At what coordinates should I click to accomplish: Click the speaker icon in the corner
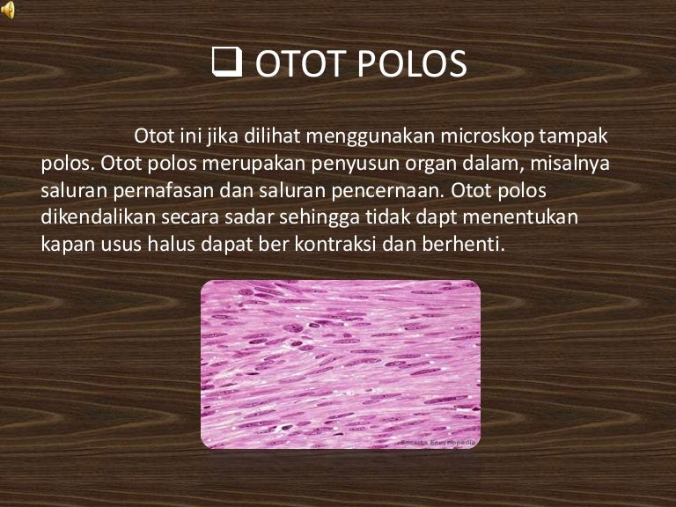click(x=8, y=10)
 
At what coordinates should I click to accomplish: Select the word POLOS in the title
click(x=410, y=67)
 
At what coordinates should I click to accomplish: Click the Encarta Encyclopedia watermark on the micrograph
click(x=438, y=442)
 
